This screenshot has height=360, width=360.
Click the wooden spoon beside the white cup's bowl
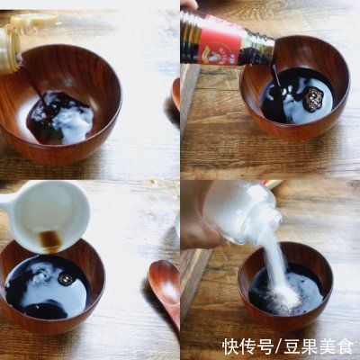coord(166,288)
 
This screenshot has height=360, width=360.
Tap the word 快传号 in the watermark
coord(247,346)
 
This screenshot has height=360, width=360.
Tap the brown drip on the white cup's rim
coord(49,239)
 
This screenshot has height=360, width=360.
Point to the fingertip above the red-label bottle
coord(188,4)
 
